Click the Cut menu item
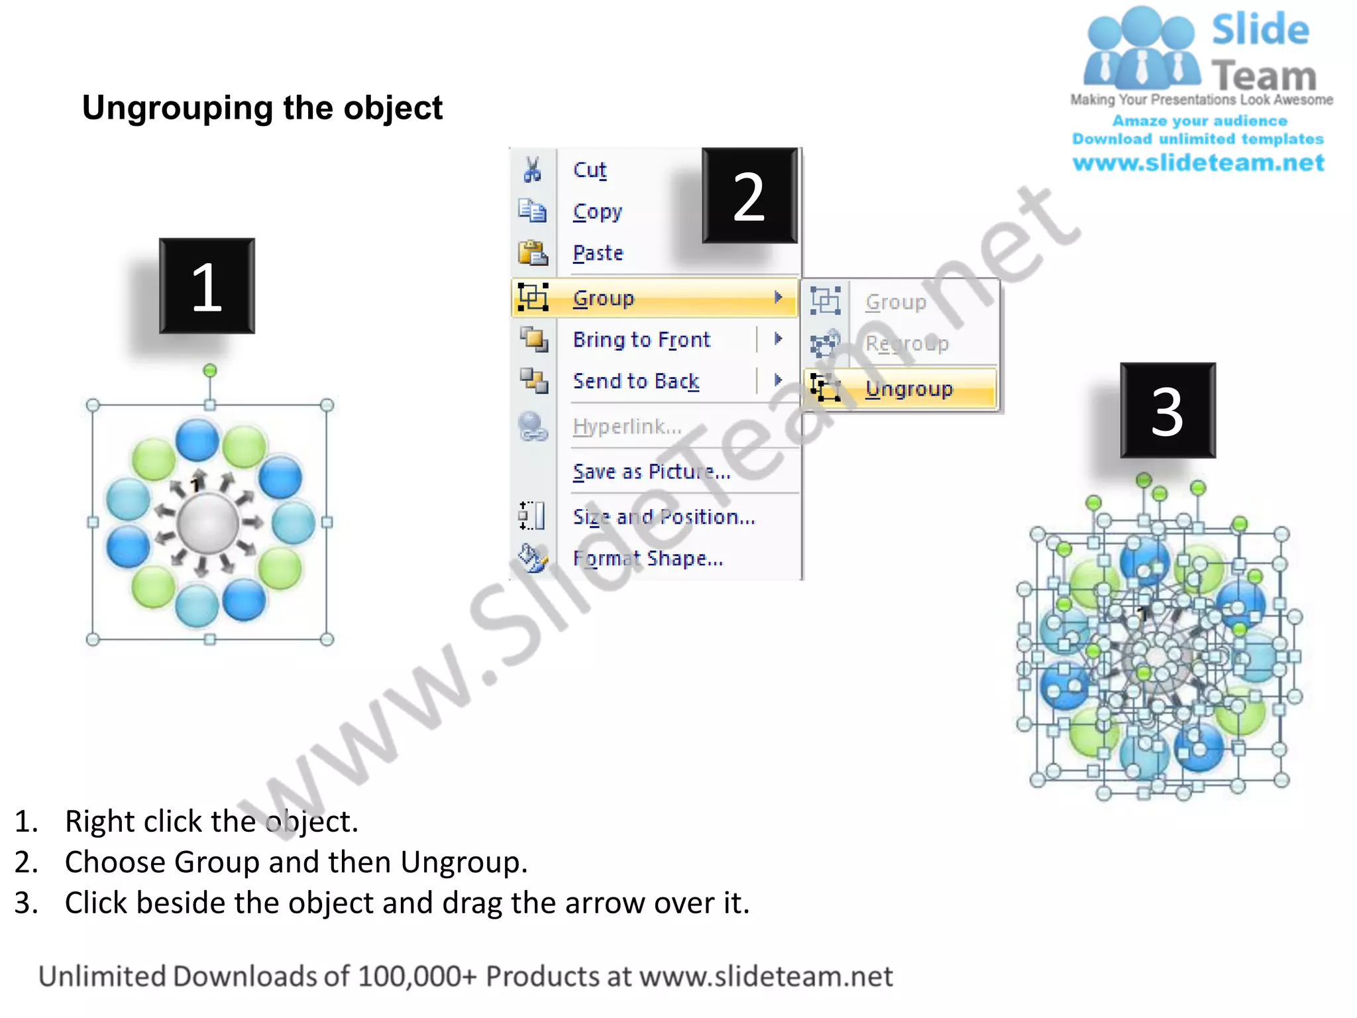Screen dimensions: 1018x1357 [x=589, y=170]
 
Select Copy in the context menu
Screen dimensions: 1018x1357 [x=597, y=211]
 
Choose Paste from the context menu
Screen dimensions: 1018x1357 [x=598, y=253]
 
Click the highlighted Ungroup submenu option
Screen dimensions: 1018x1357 [x=908, y=388]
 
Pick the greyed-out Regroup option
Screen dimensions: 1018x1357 [x=906, y=343]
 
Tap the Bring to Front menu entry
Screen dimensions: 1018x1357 [x=641, y=339]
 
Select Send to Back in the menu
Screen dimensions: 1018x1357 [x=635, y=381]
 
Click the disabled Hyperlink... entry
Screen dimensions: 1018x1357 [x=626, y=426]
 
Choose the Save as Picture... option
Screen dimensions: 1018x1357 [x=651, y=471]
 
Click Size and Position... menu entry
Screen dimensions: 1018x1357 [x=663, y=516]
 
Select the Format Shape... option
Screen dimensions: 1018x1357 [x=647, y=558]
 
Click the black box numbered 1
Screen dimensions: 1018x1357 [x=207, y=286]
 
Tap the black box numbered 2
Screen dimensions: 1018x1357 [x=749, y=196]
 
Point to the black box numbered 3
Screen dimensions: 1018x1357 [x=1167, y=410]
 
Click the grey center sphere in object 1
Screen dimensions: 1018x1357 [x=208, y=523]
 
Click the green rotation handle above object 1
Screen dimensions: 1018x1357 [x=209, y=370]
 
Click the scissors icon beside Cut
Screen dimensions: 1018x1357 [x=532, y=170]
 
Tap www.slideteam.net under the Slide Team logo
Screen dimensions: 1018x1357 [x=1198, y=162]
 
